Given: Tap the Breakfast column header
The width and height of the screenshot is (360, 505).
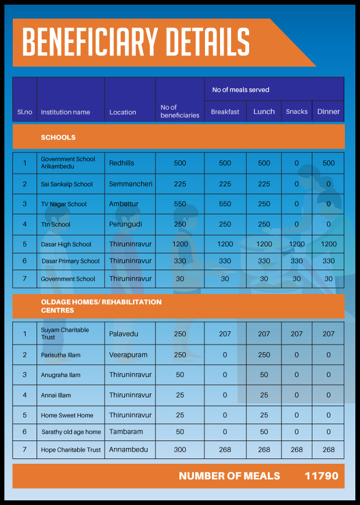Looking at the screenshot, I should click(225, 112).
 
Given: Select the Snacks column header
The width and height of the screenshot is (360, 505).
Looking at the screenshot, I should click(297, 112).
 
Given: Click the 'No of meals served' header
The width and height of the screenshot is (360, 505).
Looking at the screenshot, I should click(240, 90).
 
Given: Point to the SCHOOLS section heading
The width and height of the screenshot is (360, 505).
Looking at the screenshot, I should click(58, 138).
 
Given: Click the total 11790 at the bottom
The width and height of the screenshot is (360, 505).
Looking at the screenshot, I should click(321, 476).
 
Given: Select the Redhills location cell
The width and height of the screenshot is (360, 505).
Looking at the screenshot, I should click(121, 163).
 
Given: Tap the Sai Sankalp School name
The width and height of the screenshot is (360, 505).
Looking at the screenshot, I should click(67, 184).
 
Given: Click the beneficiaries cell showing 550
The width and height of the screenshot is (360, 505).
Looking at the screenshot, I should click(180, 204).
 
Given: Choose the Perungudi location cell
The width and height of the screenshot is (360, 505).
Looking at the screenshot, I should click(124, 224).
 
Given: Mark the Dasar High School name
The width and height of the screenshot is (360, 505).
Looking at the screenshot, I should click(66, 245).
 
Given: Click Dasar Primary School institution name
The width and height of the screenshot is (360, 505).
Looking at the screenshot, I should click(70, 262).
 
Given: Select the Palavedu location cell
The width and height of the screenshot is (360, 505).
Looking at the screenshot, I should click(123, 334).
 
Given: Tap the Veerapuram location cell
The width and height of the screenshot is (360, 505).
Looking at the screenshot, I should click(128, 354).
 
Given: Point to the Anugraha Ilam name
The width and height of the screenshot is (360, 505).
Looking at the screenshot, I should click(60, 375).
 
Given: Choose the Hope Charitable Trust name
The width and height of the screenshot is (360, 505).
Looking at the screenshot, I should click(71, 450).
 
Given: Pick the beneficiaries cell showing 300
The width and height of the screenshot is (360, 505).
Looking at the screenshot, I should click(180, 450).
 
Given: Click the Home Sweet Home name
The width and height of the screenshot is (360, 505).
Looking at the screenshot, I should click(67, 416).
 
